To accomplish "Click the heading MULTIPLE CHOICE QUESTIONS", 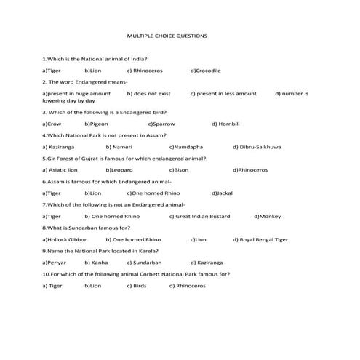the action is pyautogui.click(x=167, y=35).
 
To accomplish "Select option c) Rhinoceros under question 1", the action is pyautogui.click(x=145, y=71).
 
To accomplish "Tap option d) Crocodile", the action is pyautogui.click(x=205, y=71).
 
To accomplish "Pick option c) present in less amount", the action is pyautogui.click(x=223, y=93).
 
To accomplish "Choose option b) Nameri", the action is pyautogui.click(x=119, y=147).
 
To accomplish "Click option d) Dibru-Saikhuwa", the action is pyautogui.click(x=257, y=147).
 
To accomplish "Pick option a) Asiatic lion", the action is pyautogui.click(x=60, y=169).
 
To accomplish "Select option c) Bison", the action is pyautogui.click(x=178, y=169).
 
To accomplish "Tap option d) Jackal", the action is pyautogui.click(x=222, y=193).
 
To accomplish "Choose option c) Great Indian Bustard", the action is pyautogui.click(x=199, y=216).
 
